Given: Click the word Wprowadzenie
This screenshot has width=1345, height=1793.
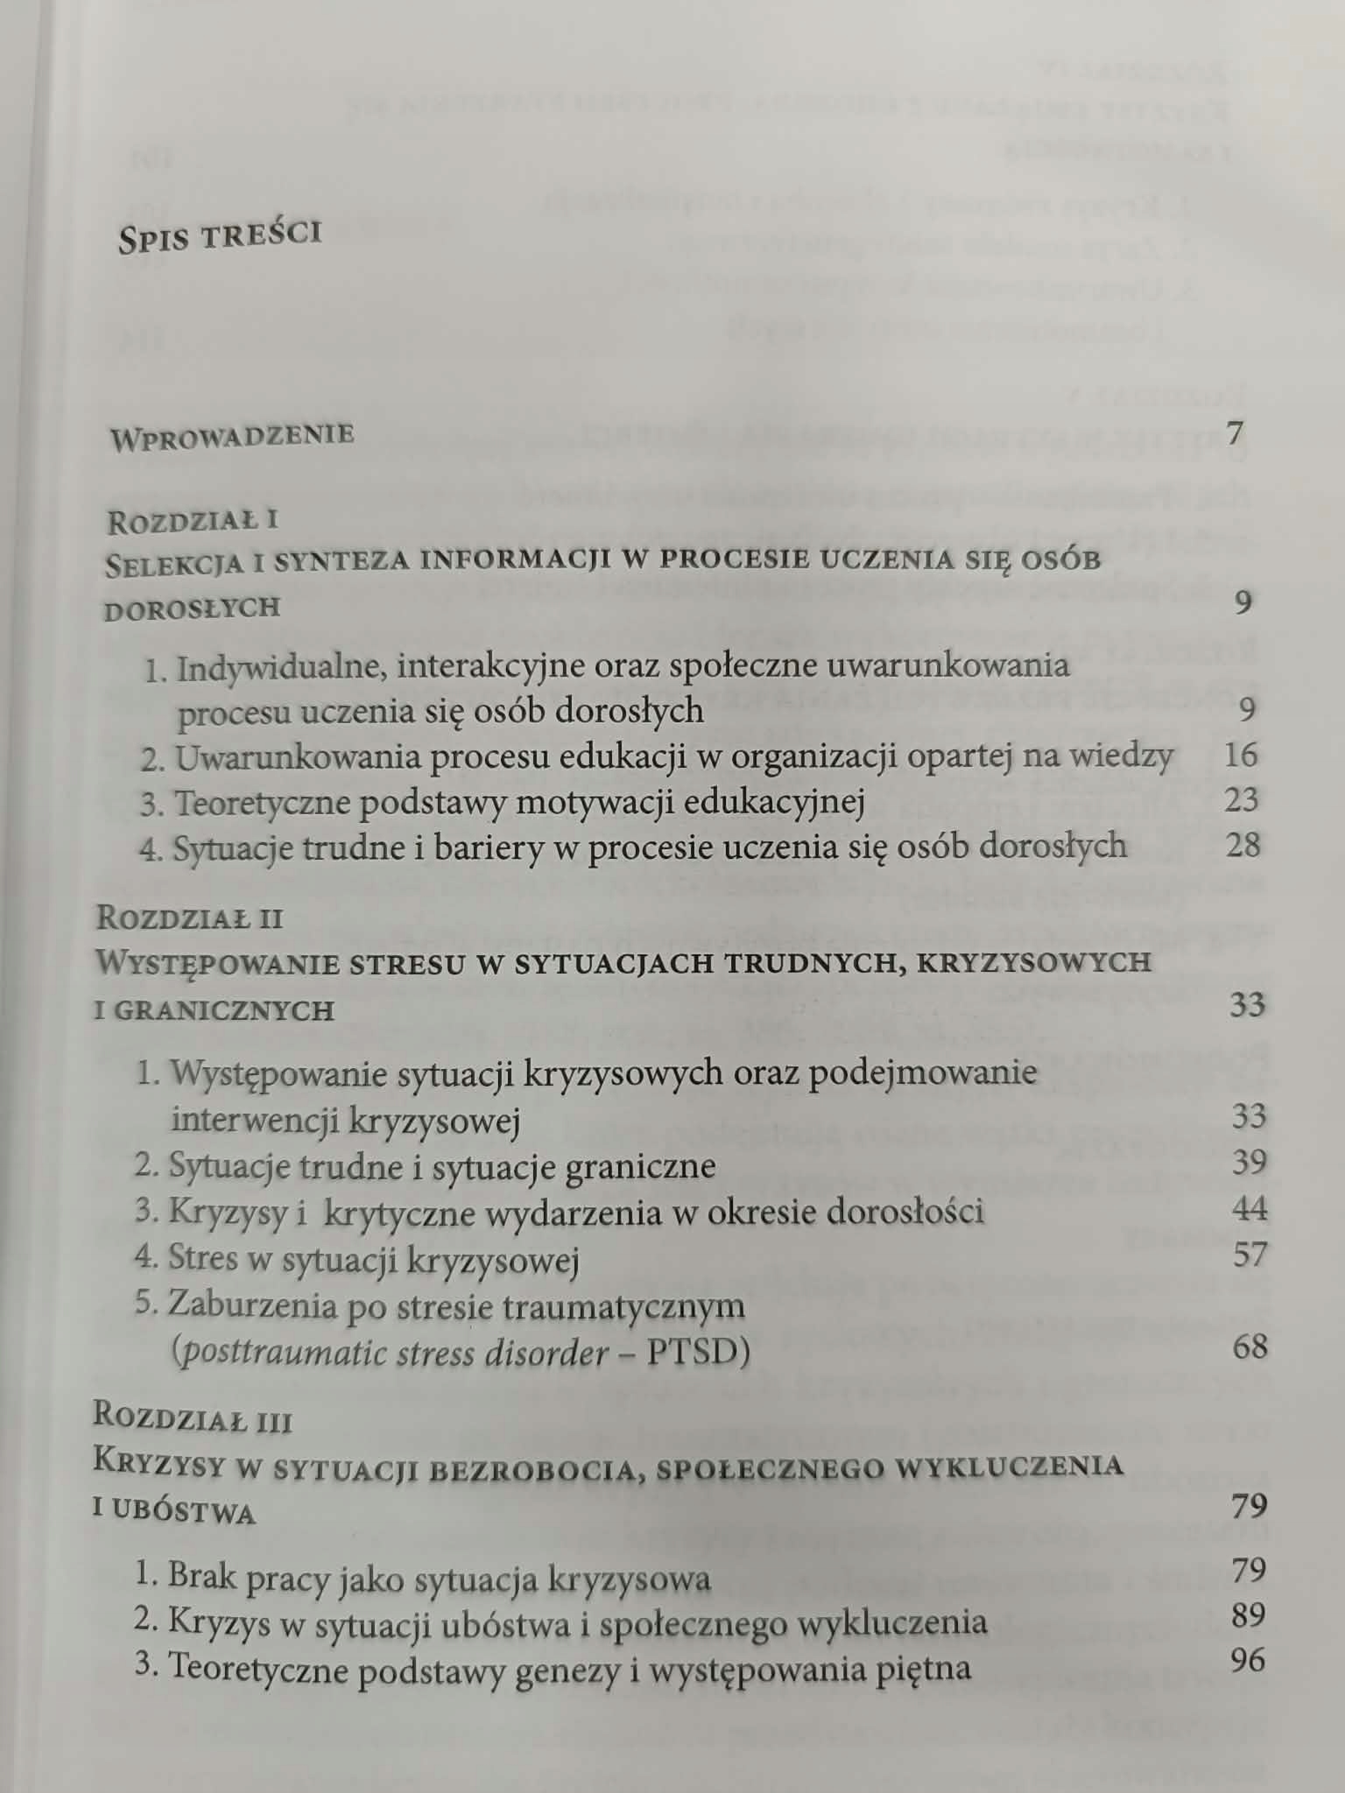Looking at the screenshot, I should [x=232, y=436].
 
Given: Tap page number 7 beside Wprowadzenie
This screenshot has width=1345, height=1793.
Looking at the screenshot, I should [x=1236, y=432].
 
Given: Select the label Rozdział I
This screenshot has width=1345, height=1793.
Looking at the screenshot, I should [x=193, y=522].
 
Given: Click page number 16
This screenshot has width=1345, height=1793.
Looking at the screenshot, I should [x=1241, y=755].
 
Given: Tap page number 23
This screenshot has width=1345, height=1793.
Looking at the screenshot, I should [x=1242, y=799].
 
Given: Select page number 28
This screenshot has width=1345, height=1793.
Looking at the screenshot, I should [x=1243, y=845].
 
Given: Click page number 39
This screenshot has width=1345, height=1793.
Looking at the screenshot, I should [x=1249, y=1163].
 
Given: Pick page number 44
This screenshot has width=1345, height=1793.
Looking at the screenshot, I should [x=1250, y=1209].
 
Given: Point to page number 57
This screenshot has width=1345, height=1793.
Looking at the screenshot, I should [x=1250, y=1255].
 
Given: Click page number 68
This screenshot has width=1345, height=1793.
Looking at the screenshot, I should [x=1250, y=1347].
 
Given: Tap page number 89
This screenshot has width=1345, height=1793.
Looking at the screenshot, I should [x=1249, y=1615].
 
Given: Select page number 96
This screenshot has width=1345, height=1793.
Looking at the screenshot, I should [x=1248, y=1661].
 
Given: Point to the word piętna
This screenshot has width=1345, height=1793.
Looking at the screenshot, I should [x=922, y=1668].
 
